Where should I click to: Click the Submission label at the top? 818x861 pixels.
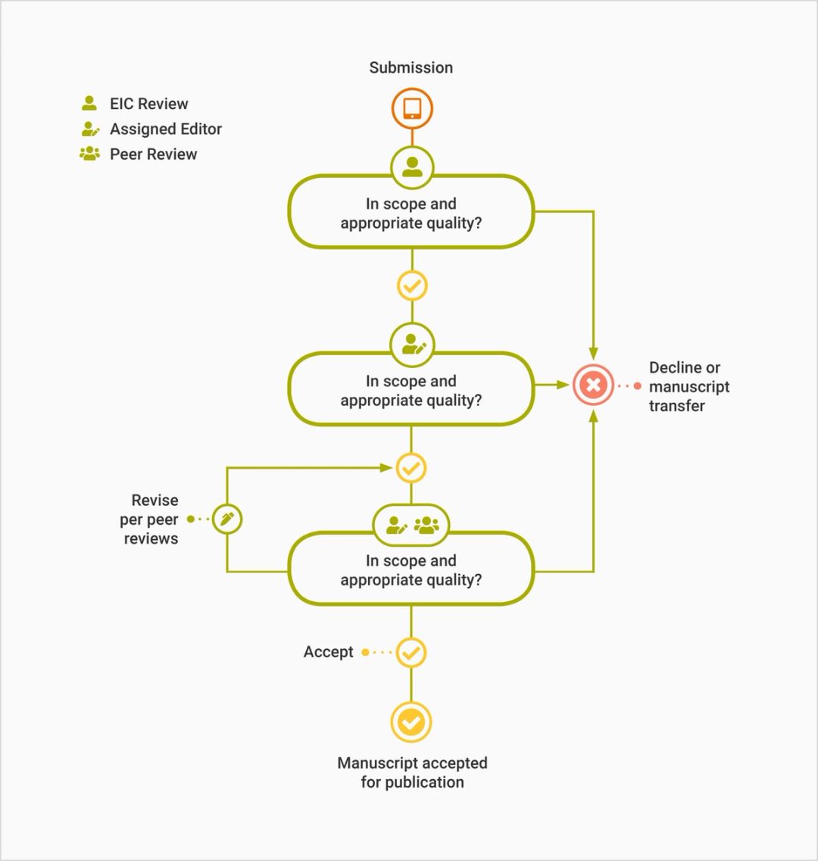tap(411, 67)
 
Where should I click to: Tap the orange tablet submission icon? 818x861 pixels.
tap(412, 108)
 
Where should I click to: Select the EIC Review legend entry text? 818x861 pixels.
tap(148, 104)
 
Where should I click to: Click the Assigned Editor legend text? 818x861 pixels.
tap(165, 129)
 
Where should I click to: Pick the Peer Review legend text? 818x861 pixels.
tap(153, 154)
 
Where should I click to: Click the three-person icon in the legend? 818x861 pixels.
tap(90, 154)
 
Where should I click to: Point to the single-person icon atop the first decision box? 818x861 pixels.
tap(412, 167)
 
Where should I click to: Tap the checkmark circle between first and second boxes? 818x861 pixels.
tap(412, 286)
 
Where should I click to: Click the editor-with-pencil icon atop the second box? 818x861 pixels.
tap(412, 345)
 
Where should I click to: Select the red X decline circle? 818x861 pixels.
tap(593, 385)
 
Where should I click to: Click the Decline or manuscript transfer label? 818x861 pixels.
tap(688, 386)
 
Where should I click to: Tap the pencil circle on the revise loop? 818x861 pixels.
tap(226, 519)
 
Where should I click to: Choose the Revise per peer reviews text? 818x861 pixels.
tap(150, 519)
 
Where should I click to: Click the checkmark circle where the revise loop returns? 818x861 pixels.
tap(411, 468)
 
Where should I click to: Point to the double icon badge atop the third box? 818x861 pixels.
tap(411, 525)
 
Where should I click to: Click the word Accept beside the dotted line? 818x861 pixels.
tap(328, 652)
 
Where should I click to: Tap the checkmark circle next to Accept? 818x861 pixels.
tap(411, 652)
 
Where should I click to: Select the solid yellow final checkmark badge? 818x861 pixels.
tap(411, 722)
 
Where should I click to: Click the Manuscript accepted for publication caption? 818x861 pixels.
tap(412, 772)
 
